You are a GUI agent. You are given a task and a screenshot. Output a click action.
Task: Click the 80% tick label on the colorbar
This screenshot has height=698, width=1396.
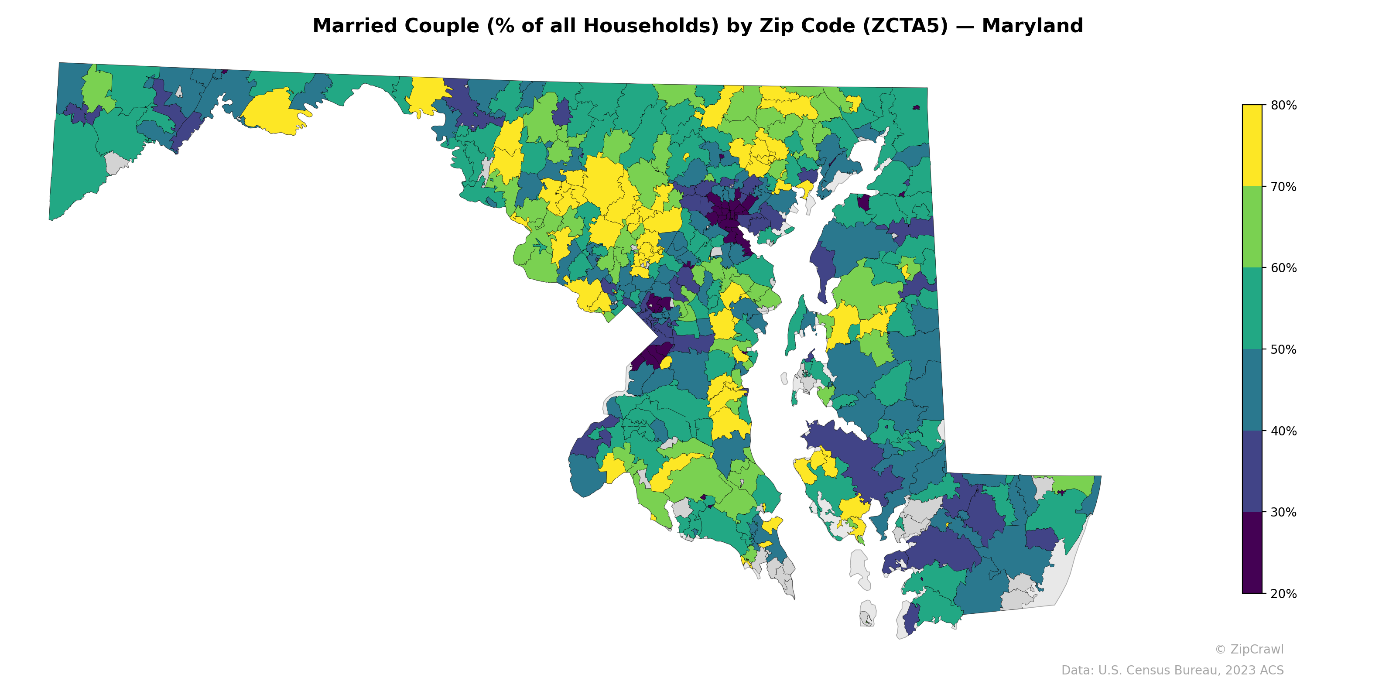1283,105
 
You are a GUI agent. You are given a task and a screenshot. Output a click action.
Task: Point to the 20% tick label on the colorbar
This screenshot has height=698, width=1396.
1283,593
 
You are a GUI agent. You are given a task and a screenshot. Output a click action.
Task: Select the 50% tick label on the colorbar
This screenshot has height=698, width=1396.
1283,349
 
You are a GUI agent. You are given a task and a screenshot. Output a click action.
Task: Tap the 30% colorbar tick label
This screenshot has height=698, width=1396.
1283,512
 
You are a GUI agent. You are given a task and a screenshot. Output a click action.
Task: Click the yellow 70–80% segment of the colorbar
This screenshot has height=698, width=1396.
1252,145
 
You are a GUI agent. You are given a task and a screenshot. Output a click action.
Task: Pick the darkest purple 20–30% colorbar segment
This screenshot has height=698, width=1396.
1252,553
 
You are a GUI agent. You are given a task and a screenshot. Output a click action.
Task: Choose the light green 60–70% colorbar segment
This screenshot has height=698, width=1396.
1252,227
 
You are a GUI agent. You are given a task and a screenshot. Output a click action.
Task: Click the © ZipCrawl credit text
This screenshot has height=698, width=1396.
1249,649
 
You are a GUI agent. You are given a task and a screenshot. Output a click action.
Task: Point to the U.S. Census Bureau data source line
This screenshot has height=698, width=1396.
1172,671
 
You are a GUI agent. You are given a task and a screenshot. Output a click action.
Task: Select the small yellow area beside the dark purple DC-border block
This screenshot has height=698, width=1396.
666,363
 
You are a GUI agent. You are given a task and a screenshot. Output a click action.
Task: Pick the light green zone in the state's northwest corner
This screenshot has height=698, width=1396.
98,89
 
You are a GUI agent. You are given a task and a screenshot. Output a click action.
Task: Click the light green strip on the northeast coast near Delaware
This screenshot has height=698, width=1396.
1076,483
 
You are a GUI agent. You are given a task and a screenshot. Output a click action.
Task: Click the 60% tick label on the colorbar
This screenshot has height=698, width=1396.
1283,268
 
